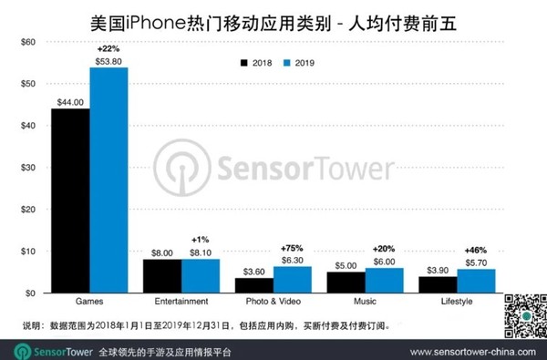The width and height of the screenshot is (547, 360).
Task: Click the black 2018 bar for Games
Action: coord(70,201)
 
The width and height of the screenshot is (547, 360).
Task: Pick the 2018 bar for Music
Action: coord(346,283)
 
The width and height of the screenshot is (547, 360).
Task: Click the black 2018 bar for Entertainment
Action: coord(162,276)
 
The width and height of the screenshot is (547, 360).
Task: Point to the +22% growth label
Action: coord(108,48)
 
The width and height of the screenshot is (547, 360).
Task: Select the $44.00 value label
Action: coord(69,102)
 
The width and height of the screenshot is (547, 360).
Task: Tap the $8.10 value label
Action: coord(201,252)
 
